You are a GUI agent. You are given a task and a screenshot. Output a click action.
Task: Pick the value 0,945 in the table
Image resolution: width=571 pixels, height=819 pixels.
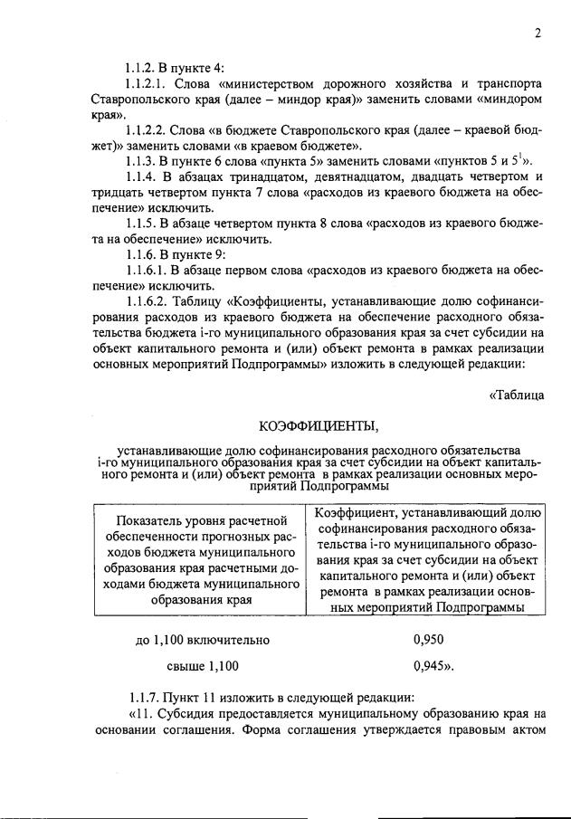pos(432,667)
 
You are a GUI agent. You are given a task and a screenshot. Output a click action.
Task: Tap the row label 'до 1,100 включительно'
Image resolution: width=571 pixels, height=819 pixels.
pos(203,640)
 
